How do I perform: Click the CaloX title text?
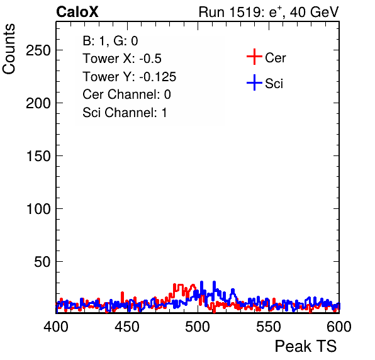(77, 12)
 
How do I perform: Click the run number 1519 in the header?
(245, 12)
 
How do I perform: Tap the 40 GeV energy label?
(314, 12)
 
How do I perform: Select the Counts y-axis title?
(9, 49)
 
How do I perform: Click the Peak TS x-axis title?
(306, 346)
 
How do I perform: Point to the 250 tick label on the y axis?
(38, 50)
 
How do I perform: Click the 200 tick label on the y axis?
(38, 103)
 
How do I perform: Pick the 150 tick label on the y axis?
(38, 156)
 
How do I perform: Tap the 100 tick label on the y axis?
(38, 209)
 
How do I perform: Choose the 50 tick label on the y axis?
(42, 262)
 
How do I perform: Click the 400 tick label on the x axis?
(56, 327)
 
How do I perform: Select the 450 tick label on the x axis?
(126, 327)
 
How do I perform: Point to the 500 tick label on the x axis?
(198, 327)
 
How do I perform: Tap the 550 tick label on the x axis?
(268, 327)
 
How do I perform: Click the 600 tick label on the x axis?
(339, 327)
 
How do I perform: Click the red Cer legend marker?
(254, 57)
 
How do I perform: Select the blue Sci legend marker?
(254, 82)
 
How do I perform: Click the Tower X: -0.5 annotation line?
(122, 59)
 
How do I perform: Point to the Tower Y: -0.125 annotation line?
(130, 77)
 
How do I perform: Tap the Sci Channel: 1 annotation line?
(125, 113)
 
